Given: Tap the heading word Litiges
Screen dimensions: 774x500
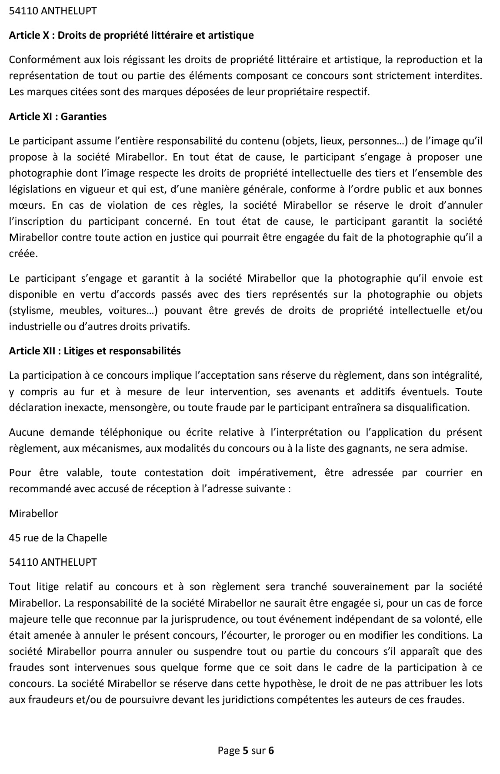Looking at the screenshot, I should (x=79, y=351).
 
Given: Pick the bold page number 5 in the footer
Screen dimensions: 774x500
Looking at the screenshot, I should (x=245, y=750).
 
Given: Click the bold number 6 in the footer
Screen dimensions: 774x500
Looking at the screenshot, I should (x=271, y=750).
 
